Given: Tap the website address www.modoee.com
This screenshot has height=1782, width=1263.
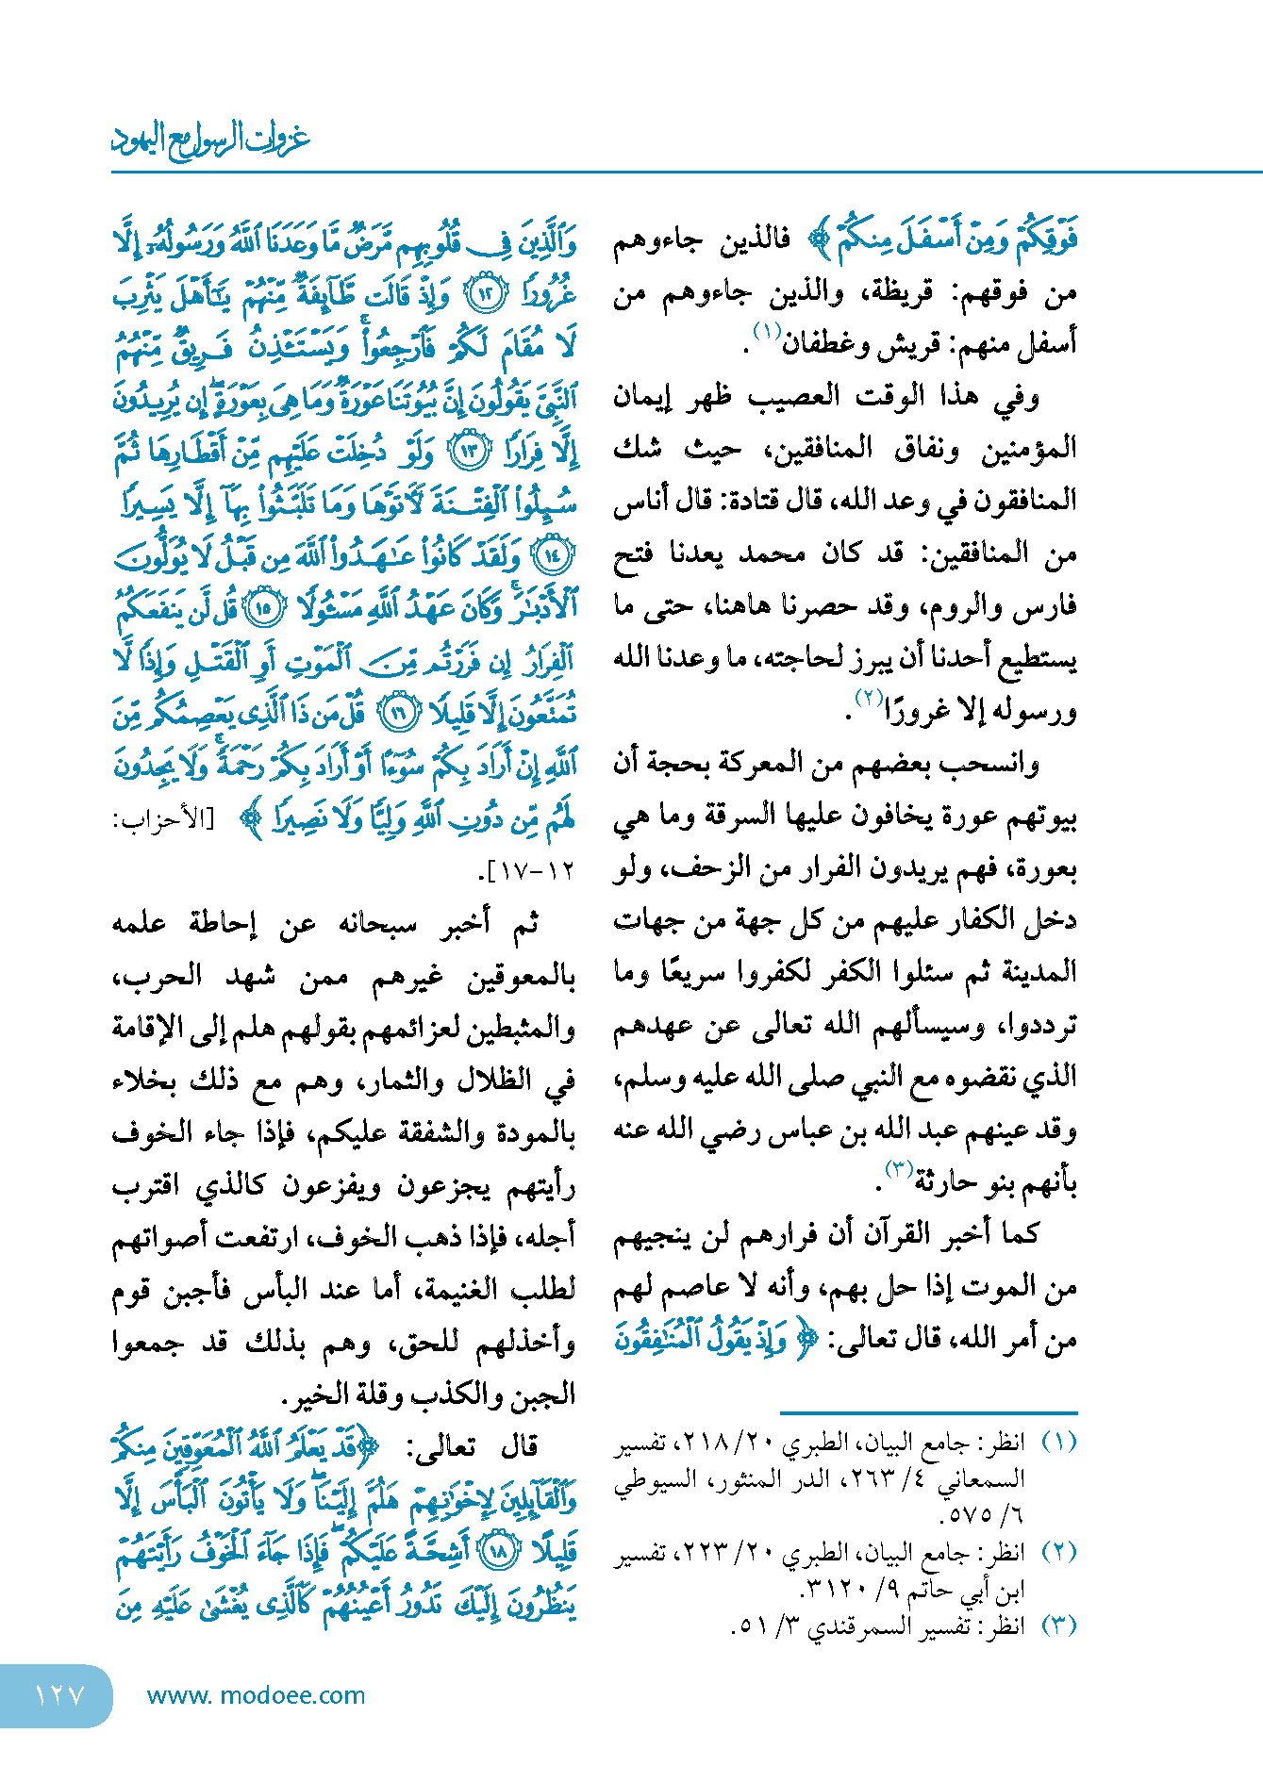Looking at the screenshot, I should (256, 1695).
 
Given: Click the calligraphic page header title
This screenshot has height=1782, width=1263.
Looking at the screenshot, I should (210, 139).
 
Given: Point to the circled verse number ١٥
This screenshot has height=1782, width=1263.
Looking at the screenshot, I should (262, 608).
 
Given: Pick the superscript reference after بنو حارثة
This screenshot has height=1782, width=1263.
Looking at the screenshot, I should (896, 1169).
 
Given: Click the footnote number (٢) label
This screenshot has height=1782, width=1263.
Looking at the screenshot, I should (1057, 1552).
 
